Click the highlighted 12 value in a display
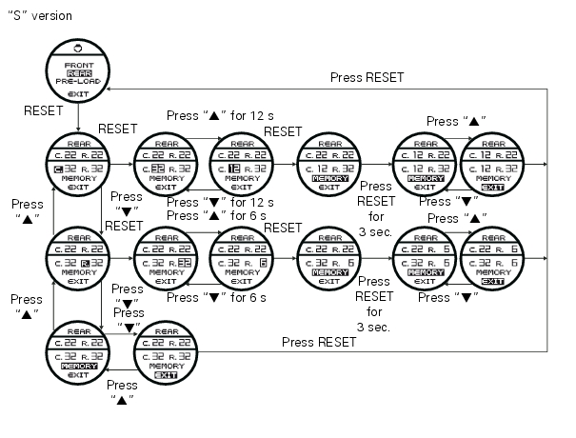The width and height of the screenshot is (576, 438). click(x=233, y=169)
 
